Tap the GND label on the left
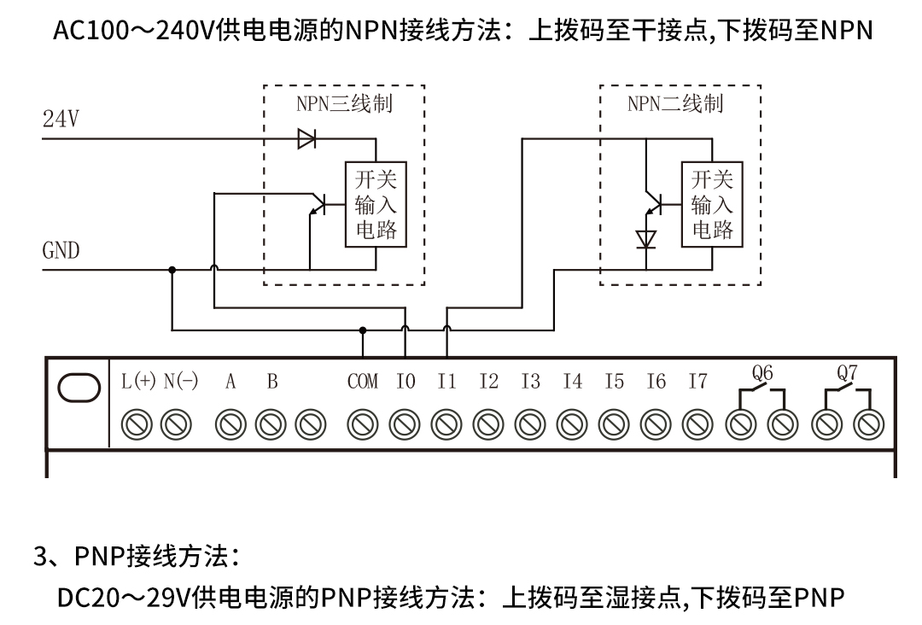coord(61,251)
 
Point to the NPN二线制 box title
coord(675,104)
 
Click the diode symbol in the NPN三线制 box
coord(306,138)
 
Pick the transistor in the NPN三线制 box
coord(318,205)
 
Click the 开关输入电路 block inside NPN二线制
coord(712,204)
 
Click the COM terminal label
coord(363,383)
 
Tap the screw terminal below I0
coord(405,423)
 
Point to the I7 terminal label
coord(697,383)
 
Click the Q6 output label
coord(762,372)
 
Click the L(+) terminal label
coord(137,383)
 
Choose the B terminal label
coord(272,383)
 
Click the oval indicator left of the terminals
coord(79,387)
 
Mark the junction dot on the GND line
coord(172,270)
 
